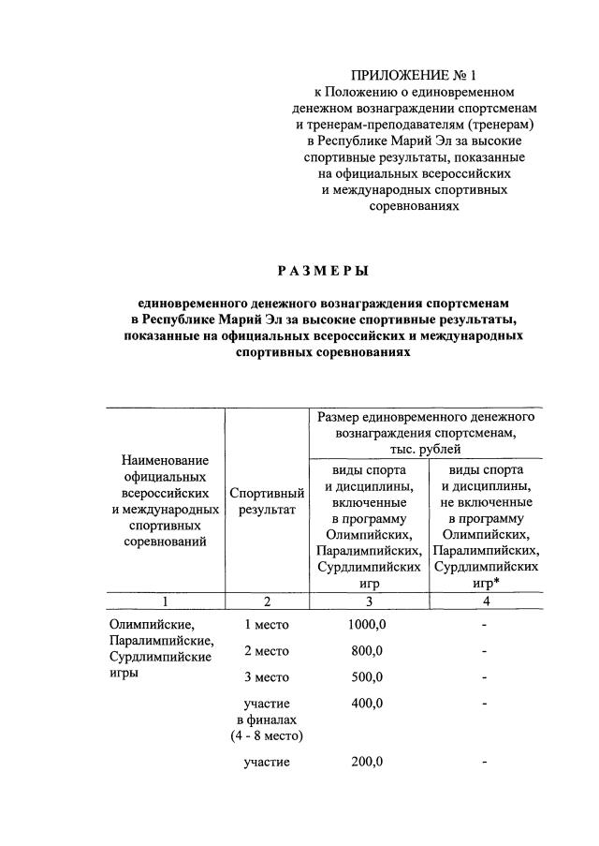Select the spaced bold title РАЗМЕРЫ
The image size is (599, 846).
point(323,271)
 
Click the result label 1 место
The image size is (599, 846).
point(267,623)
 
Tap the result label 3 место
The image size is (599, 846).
point(267,676)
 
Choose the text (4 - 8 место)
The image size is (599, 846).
point(267,736)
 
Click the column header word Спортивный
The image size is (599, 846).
point(267,493)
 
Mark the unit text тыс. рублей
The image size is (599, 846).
point(426,450)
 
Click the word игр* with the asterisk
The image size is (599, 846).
point(484,584)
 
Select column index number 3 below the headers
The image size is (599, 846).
point(368,601)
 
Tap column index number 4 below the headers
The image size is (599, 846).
point(485,601)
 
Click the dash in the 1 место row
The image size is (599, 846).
point(485,623)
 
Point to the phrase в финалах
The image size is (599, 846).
point(267,720)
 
